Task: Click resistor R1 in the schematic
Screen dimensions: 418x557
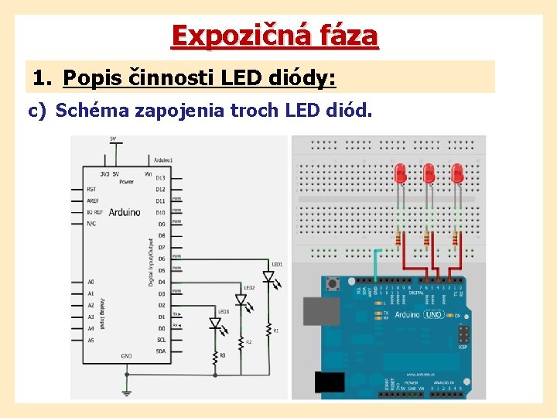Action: click(x=270, y=331)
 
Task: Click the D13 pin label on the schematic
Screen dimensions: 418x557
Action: click(x=160, y=178)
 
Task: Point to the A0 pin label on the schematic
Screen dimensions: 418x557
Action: click(x=91, y=282)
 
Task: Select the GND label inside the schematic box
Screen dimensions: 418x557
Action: click(x=126, y=356)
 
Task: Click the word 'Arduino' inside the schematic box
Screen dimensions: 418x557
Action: click(x=125, y=212)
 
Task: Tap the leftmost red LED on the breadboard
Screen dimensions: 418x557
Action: click(x=401, y=173)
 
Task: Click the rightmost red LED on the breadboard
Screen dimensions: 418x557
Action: click(x=456, y=173)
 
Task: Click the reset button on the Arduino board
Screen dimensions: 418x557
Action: click(x=333, y=284)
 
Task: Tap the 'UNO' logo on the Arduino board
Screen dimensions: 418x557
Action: click(x=433, y=314)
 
